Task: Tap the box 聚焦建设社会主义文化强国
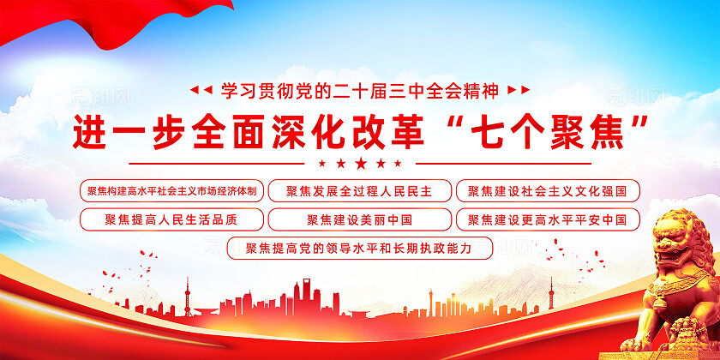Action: [x=548, y=190]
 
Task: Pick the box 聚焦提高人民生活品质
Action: [x=171, y=219]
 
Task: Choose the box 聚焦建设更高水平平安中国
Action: [x=548, y=219]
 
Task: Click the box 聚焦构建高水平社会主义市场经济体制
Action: [x=171, y=190]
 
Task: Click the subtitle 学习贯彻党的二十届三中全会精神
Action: [x=359, y=89]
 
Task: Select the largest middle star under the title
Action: [x=360, y=163]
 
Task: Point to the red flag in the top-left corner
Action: [x=51, y=21]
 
